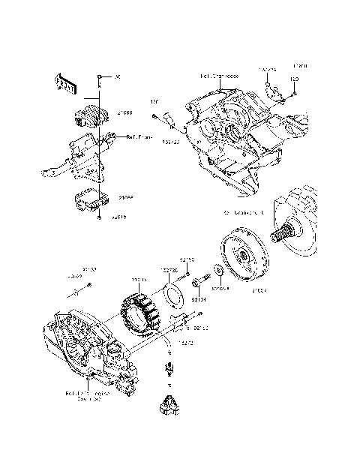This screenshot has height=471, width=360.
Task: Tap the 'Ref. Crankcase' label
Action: click(x=219, y=76)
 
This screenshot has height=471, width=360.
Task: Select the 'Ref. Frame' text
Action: click(x=140, y=137)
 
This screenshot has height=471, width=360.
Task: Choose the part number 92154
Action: click(x=199, y=299)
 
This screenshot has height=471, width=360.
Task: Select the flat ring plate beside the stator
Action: click(x=178, y=294)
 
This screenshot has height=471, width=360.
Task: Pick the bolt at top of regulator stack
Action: click(x=99, y=79)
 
